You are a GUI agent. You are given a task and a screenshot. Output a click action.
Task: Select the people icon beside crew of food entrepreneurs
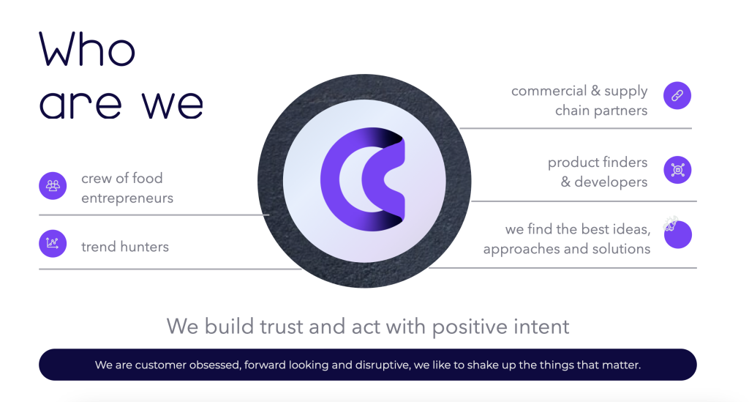click(x=53, y=185)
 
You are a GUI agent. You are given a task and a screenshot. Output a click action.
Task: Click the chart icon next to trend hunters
click(x=53, y=243)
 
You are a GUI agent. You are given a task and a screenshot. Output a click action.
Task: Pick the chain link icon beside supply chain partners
click(x=677, y=96)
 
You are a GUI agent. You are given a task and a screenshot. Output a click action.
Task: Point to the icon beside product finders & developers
click(x=677, y=170)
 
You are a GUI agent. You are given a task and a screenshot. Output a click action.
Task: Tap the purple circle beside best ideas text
click(x=678, y=235)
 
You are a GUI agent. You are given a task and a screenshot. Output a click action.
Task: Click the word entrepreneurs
click(x=127, y=198)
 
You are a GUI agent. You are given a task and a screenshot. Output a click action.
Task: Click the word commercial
click(x=549, y=91)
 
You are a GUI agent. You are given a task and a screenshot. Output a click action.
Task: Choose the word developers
click(x=611, y=182)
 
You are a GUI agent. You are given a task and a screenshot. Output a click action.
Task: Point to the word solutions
click(x=621, y=248)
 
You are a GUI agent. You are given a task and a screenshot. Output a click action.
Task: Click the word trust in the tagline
click(x=282, y=327)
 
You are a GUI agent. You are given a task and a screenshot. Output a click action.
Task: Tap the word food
click(x=147, y=178)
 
